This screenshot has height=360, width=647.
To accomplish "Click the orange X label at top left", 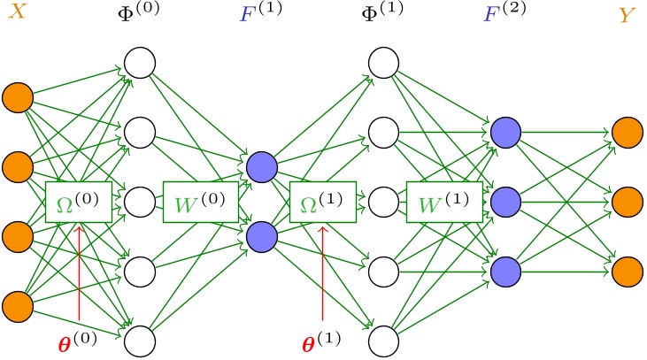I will pos(17,15).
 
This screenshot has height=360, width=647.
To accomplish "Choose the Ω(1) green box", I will pos(323,203).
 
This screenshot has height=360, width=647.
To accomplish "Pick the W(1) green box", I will pos(443,203).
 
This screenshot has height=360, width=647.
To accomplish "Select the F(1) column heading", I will pos(262,15).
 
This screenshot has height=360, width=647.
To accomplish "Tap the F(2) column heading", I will pos(505,15).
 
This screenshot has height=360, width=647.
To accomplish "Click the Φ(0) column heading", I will pos(141,15).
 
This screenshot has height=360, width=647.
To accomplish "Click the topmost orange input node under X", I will pos(18,96).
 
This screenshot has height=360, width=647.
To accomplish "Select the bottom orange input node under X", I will pos(18,306).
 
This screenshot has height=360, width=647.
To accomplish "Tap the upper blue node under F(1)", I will pos(261,166).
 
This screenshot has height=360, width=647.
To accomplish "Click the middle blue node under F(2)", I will pos(505,201).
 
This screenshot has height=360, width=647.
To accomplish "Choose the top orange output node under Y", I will pos(627,132).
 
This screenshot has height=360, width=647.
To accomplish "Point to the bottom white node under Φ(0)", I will pos(140,340).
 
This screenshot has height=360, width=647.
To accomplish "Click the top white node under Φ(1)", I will pos(383,63).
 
